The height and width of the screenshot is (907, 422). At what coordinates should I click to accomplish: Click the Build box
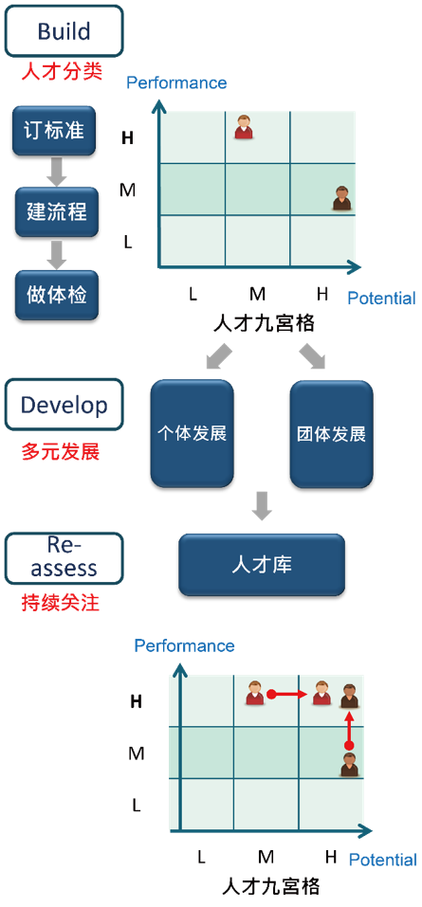pyautogui.click(x=64, y=30)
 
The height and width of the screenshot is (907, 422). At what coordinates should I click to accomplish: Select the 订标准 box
pyautogui.click(x=54, y=131)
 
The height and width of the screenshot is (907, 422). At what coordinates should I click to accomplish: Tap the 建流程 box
pyautogui.click(x=57, y=211)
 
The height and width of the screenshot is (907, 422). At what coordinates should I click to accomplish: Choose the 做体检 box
pyautogui.click(x=57, y=295)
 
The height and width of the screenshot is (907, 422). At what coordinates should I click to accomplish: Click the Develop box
pyautogui.click(x=64, y=405)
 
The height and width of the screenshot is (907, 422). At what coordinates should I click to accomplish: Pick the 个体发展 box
pyautogui.click(x=193, y=434)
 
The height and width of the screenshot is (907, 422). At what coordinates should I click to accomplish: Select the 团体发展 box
pyautogui.click(x=332, y=434)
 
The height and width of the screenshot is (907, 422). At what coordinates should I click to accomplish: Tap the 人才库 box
pyautogui.click(x=262, y=565)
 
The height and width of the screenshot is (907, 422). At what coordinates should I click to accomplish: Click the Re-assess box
pyautogui.click(x=64, y=558)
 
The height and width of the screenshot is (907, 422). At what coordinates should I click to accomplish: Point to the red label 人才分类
pyautogui.click(x=62, y=73)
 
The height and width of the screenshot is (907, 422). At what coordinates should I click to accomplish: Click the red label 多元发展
pyautogui.click(x=61, y=451)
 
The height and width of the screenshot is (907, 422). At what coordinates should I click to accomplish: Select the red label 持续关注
pyautogui.click(x=61, y=604)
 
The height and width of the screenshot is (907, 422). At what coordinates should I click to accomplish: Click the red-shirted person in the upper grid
pyautogui.click(x=244, y=127)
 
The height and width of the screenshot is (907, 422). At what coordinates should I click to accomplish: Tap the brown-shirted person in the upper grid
pyautogui.click(x=342, y=198)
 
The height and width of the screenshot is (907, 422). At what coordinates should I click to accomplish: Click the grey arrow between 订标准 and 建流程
pyautogui.click(x=56, y=172)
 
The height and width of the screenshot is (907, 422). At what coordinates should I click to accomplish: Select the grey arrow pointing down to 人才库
pyautogui.click(x=263, y=506)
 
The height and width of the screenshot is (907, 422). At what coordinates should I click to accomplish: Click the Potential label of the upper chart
pyautogui.click(x=381, y=299)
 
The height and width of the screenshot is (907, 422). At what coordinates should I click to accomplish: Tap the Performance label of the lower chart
pyautogui.click(x=185, y=645)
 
